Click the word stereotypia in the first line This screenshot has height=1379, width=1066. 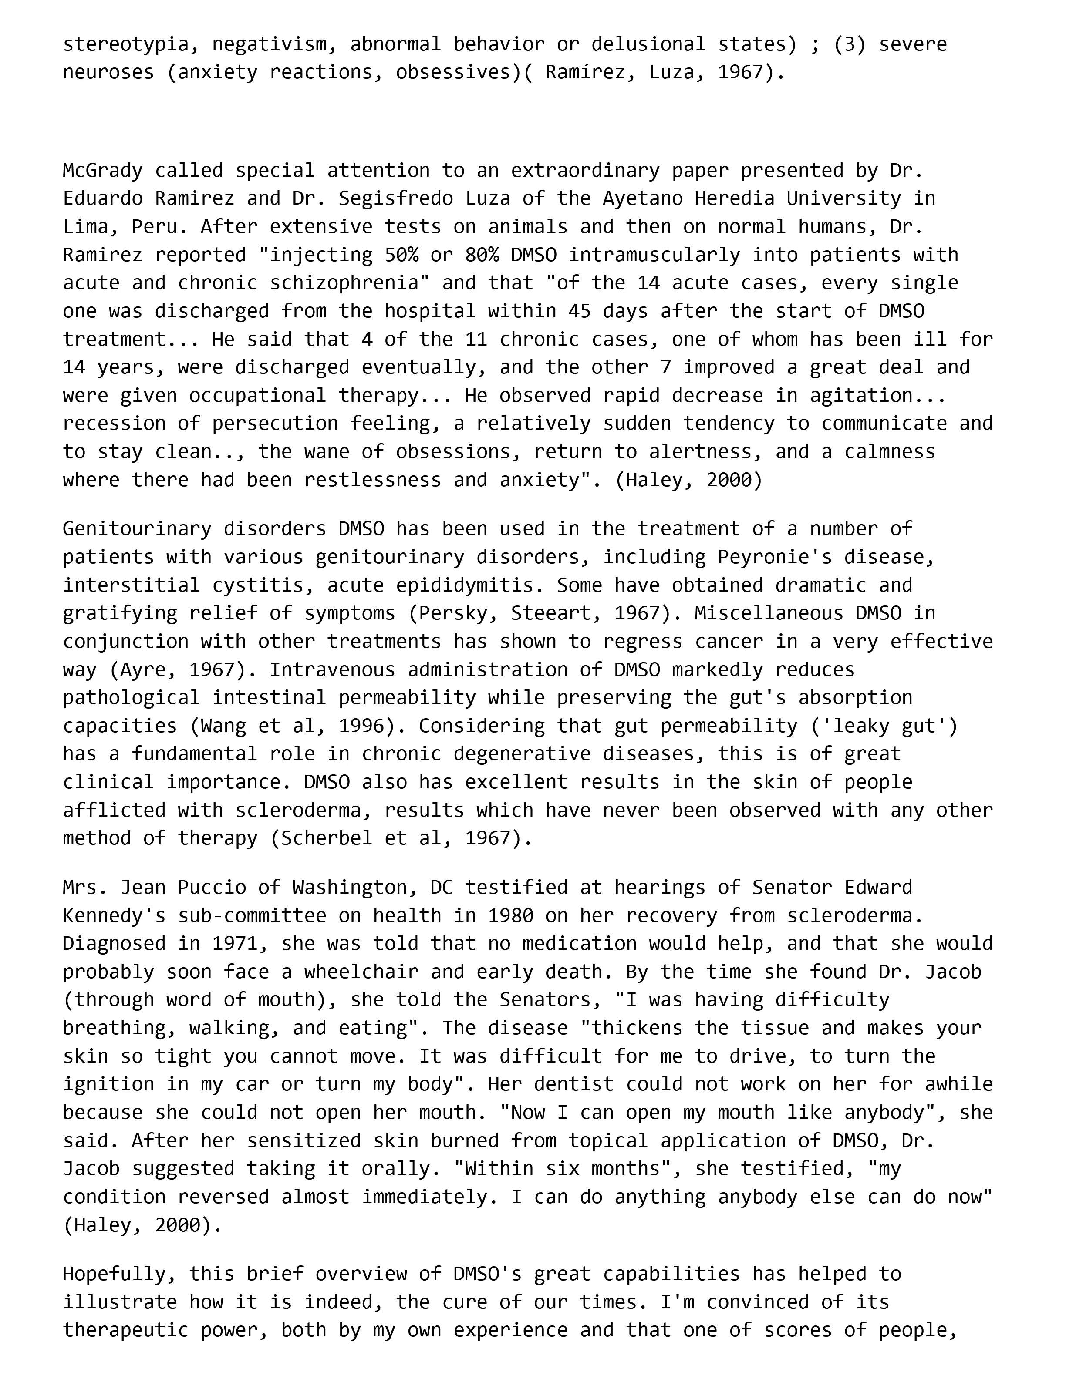pyautogui.click(x=126, y=44)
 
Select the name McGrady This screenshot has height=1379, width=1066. pyautogui.click(x=102, y=171)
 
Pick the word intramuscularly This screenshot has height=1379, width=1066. pyautogui.click(x=654, y=255)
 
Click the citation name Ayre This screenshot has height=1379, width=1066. pyautogui.click(x=143, y=669)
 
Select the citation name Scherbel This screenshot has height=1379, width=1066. pyautogui.click(x=327, y=838)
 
